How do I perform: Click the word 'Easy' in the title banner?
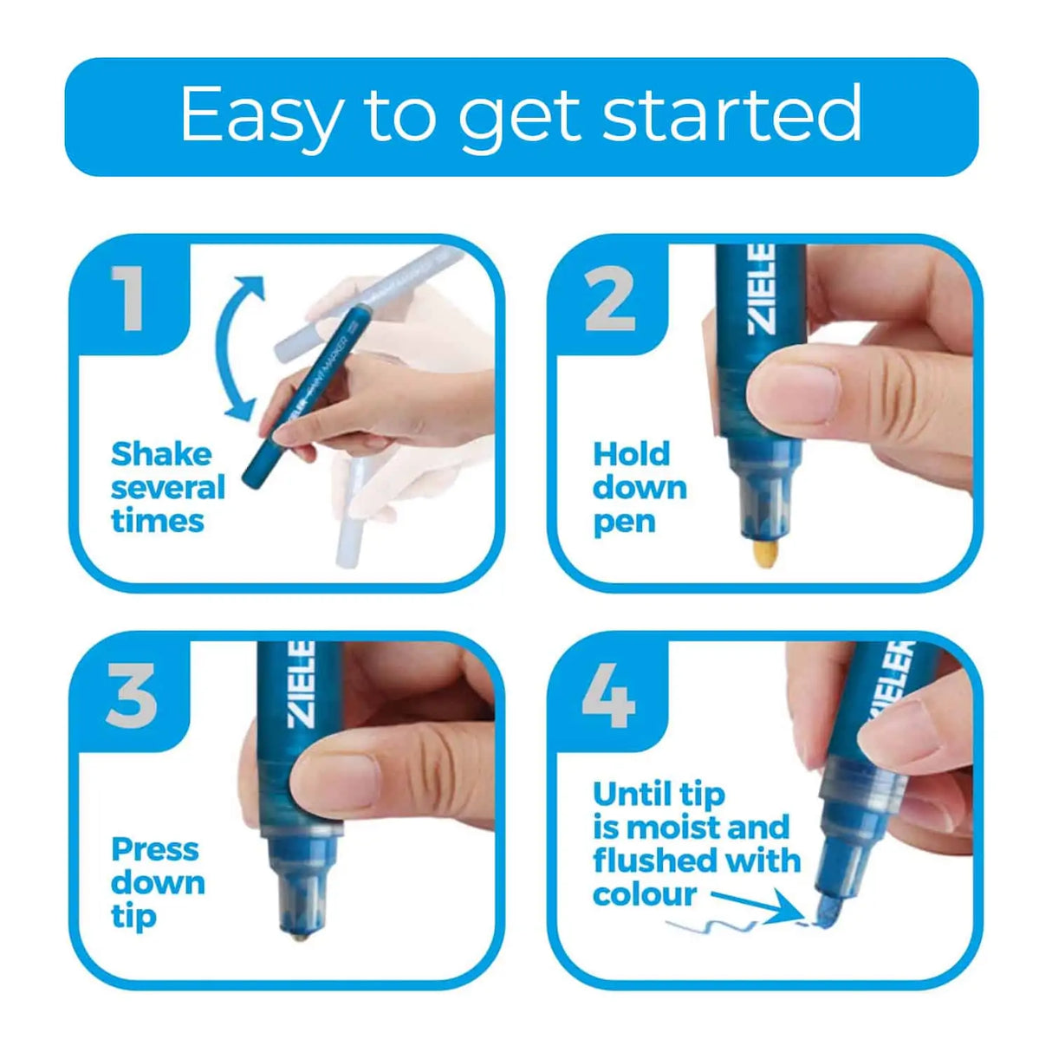[261, 116]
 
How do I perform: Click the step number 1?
[130, 298]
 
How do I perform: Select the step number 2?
[610, 299]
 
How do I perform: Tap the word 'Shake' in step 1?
[161, 454]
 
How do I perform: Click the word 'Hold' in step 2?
[631, 454]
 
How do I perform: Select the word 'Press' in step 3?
[155, 849]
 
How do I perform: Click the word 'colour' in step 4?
[644, 894]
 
